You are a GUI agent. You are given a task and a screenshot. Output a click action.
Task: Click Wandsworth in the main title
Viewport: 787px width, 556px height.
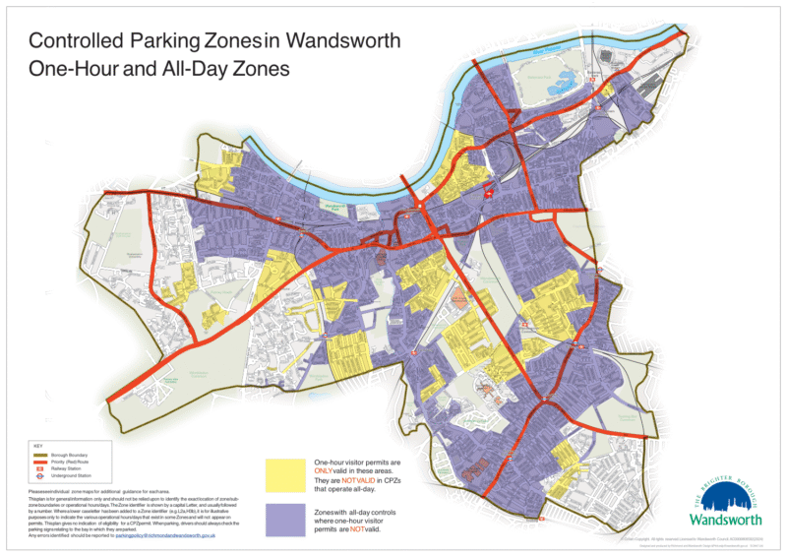345,41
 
